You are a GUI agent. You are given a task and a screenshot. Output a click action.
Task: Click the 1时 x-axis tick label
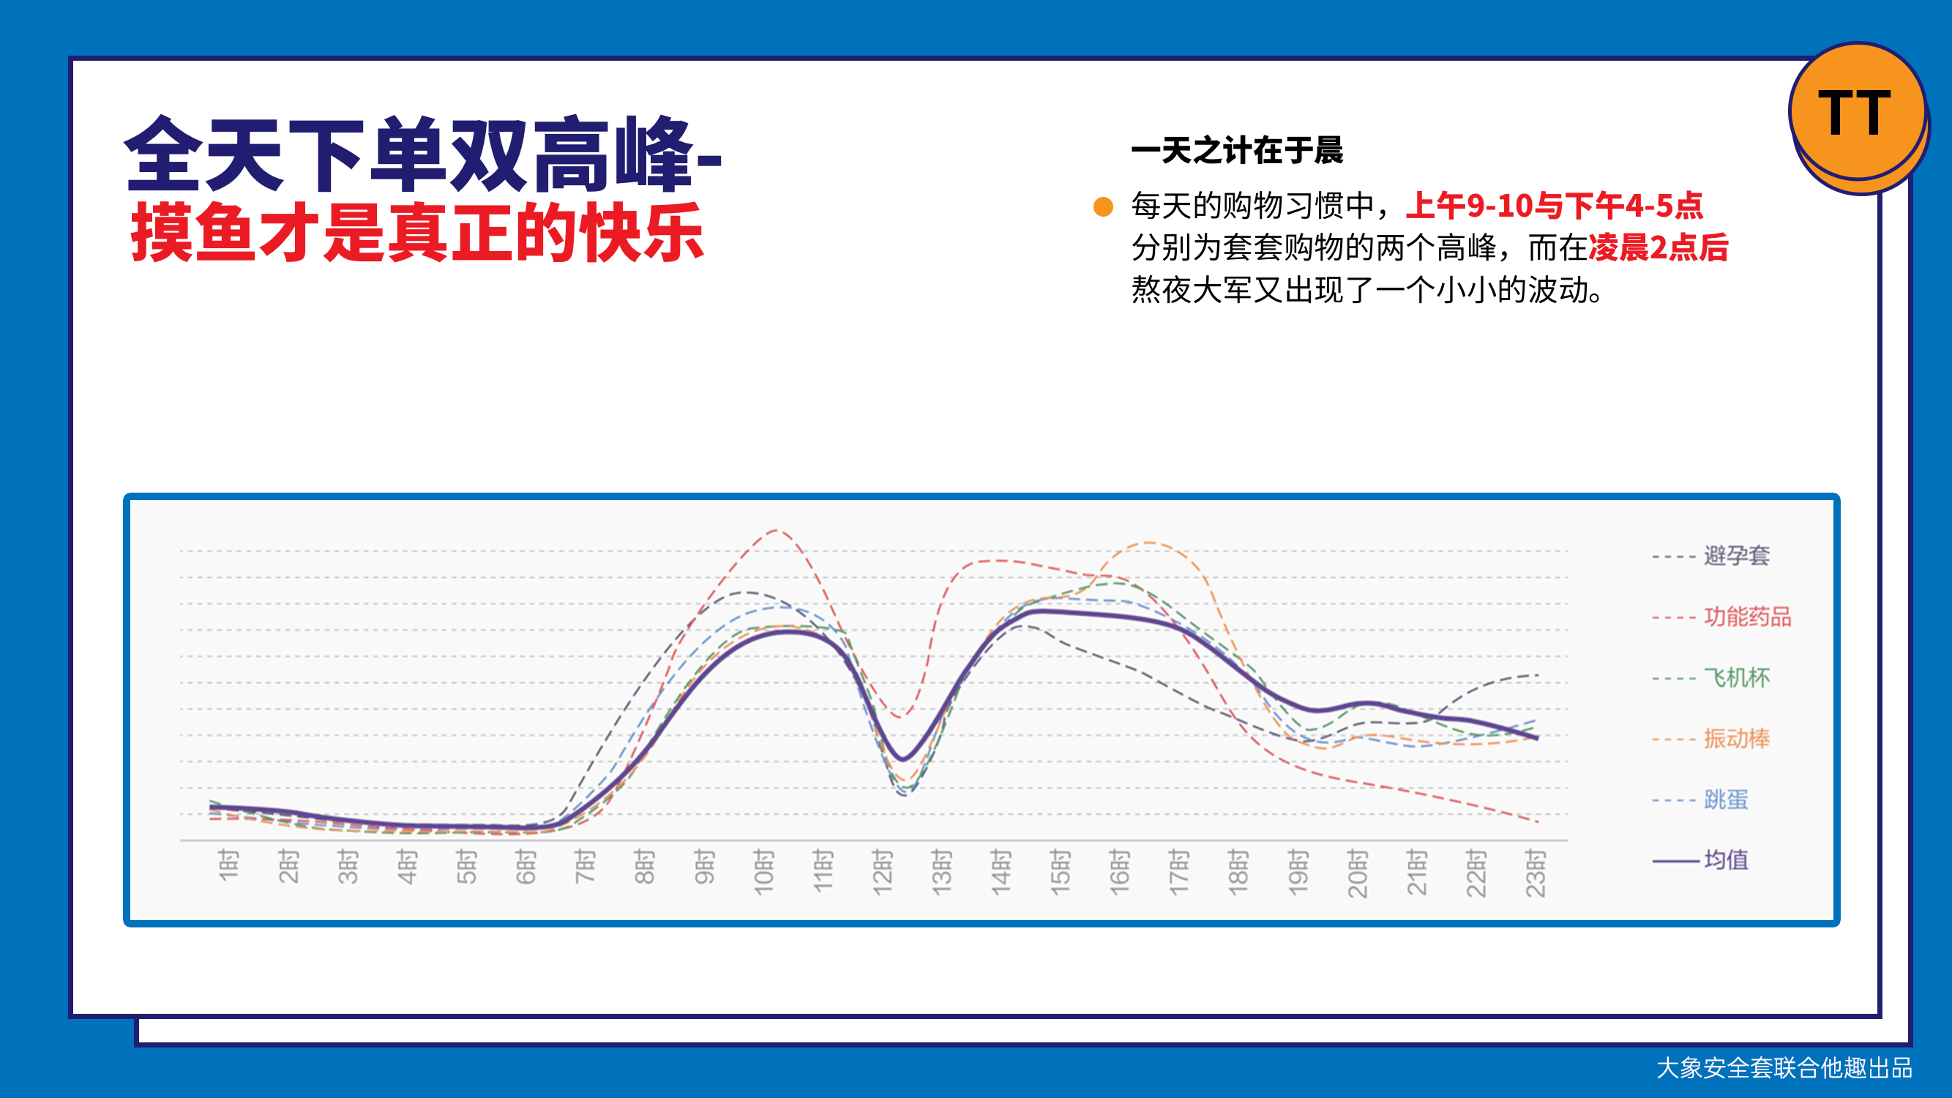click(228, 865)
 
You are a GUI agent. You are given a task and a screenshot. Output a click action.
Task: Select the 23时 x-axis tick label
click(1536, 873)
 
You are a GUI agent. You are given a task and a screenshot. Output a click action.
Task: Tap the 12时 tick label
click(882, 873)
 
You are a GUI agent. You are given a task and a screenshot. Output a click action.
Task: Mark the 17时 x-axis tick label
click(1179, 873)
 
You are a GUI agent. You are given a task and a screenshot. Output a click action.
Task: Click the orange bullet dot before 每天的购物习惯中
click(1103, 206)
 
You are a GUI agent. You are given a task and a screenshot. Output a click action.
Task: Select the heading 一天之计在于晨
click(1237, 150)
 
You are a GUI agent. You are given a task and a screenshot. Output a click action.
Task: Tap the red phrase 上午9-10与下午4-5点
click(1554, 206)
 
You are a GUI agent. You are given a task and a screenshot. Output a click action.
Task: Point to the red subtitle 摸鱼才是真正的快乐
click(417, 232)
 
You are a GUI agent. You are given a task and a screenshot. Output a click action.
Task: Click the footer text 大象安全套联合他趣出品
click(1784, 1068)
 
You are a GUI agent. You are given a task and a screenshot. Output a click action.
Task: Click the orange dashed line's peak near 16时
click(1150, 542)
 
